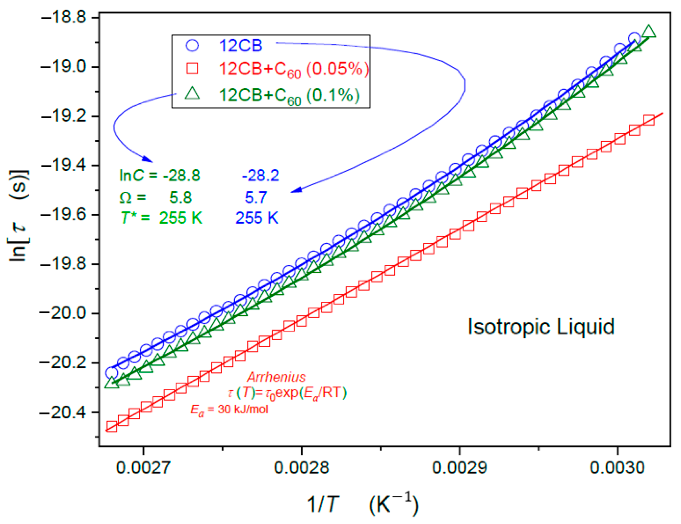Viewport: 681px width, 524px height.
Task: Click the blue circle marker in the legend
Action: pos(192,45)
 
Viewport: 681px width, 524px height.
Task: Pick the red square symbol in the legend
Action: pos(192,68)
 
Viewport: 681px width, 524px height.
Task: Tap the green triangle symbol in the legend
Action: pos(192,94)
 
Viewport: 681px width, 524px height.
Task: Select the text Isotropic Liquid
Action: pos(541,327)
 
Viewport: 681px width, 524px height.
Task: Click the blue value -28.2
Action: pos(260,176)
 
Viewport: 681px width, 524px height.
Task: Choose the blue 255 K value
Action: pos(256,218)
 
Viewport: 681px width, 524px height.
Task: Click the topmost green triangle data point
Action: pos(649,32)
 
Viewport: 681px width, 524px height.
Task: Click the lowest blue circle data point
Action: pos(111,373)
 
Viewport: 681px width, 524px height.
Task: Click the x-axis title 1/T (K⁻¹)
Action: pos(363,504)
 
